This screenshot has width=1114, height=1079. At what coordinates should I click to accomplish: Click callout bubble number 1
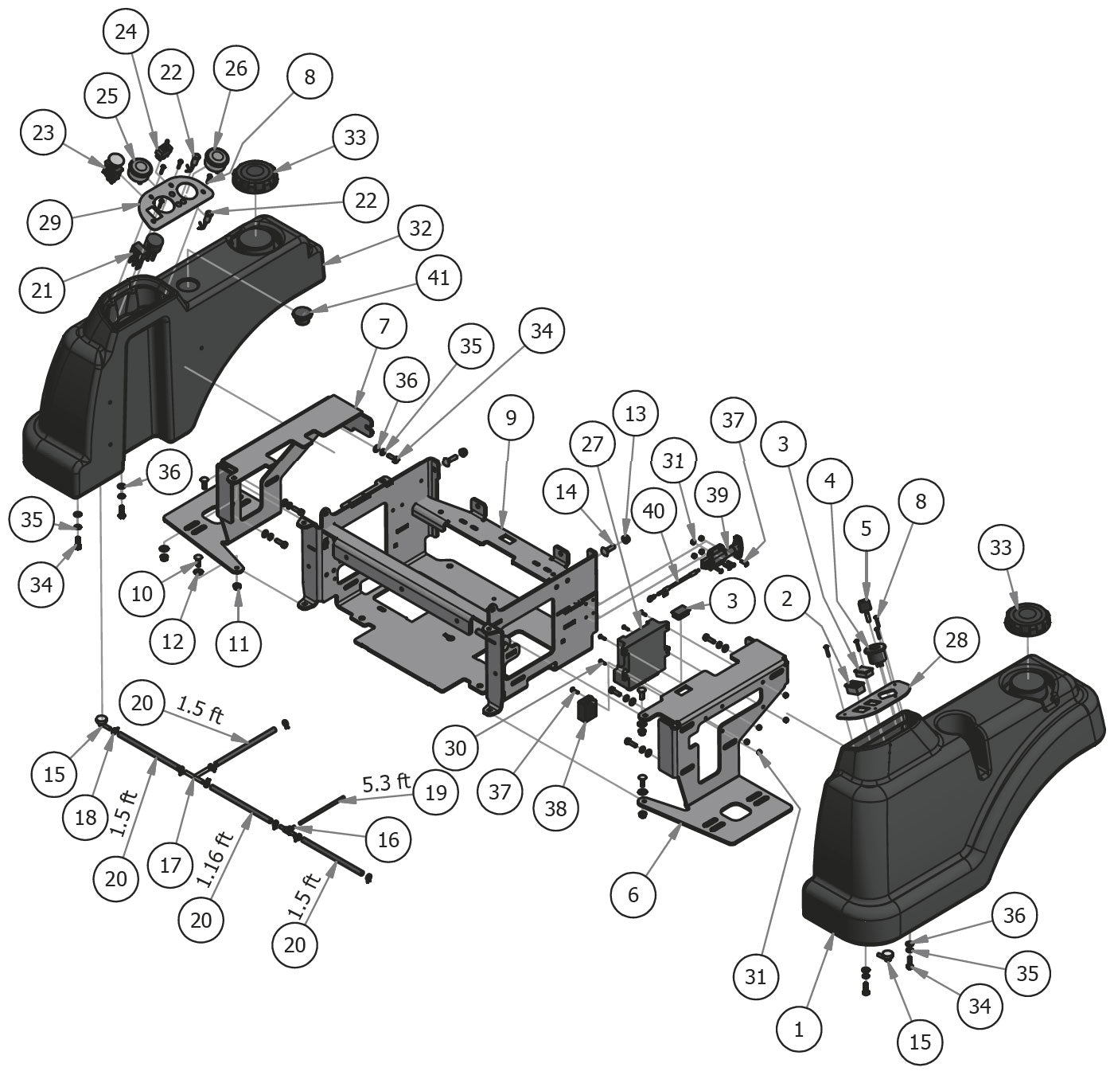[x=799, y=1029]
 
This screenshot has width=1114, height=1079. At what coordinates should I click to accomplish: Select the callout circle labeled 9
[x=511, y=417]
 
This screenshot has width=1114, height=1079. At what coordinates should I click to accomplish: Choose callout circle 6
[x=633, y=894]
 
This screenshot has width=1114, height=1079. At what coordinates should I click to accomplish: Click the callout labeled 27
[x=593, y=444]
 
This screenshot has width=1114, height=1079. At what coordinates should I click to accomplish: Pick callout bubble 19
[x=436, y=792]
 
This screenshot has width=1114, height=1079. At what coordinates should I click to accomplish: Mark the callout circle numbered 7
[x=384, y=326]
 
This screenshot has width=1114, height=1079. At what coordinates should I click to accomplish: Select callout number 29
[x=50, y=221]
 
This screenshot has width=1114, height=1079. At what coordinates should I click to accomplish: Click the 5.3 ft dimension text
[x=386, y=782]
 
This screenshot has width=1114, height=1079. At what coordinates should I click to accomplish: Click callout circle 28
[x=956, y=639]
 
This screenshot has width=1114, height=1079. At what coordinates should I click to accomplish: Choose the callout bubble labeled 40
[x=653, y=510]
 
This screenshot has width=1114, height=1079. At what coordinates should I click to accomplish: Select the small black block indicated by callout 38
[x=588, y=707]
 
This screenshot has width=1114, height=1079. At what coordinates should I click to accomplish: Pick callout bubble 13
[x=636, y=414]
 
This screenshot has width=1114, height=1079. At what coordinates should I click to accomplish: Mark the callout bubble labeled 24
[x=126, y=32]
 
